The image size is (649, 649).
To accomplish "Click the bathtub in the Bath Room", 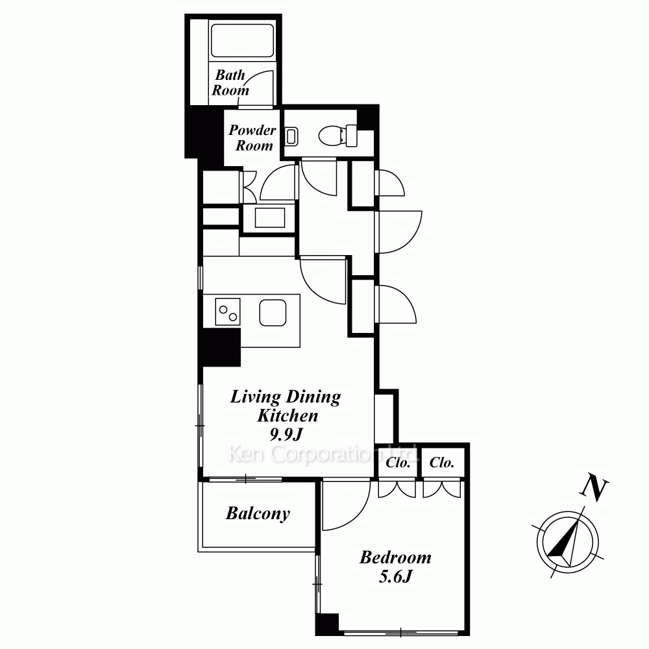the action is (x=242, y=40).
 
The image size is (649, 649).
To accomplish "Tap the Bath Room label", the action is (x=230, y=83).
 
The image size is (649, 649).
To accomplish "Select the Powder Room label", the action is (x=252, y=138).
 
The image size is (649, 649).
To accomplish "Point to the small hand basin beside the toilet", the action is (x=292, y=136).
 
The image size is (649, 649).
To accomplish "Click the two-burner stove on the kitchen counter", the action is (x=228, y=312).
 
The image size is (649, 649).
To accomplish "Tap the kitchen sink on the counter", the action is (x=273, y=312).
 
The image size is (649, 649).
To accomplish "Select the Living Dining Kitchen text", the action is (x=286, y=406).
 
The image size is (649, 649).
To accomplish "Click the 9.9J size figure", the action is (x=286, y=434).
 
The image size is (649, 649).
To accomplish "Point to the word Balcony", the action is (x=258, y=513).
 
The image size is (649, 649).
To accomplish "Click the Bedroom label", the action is (x=395, y=557).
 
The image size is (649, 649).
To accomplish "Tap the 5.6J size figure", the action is (x=395, y=576).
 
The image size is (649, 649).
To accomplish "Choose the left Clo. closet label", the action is (x=398, y=462).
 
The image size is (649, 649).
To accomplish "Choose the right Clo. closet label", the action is (x=441, y=462).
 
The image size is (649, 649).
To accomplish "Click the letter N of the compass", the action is (x=594, y=490).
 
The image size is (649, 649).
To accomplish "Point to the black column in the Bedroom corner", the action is (x=327, y=624).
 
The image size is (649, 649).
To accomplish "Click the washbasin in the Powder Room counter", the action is (x=270, y=217).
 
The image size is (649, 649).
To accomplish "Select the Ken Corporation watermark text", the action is (x=323, y=454).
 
